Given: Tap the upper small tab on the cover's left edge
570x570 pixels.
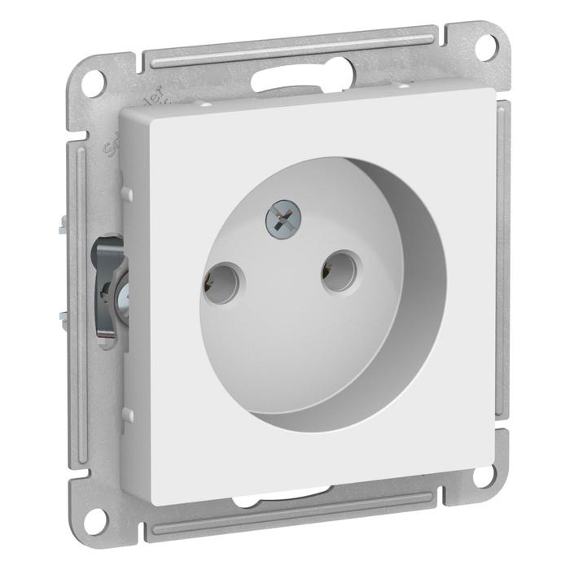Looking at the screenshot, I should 128,193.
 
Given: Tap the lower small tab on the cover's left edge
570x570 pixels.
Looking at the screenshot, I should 128,414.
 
